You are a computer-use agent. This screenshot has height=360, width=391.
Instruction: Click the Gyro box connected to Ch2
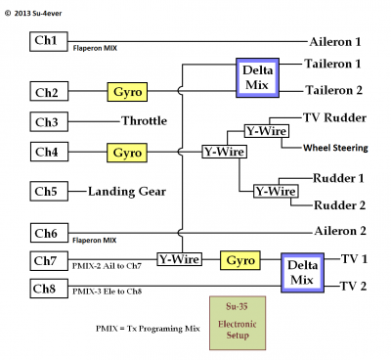128,92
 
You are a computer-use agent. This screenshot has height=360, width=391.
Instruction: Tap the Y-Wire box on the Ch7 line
179,259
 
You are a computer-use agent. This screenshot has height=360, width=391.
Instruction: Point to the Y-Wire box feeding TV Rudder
264,131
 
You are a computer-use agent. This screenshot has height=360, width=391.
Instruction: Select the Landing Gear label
128,191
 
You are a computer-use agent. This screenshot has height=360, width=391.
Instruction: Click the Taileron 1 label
333,64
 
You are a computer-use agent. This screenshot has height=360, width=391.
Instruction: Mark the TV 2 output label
353,287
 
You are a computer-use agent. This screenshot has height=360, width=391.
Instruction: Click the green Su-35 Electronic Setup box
233,322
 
